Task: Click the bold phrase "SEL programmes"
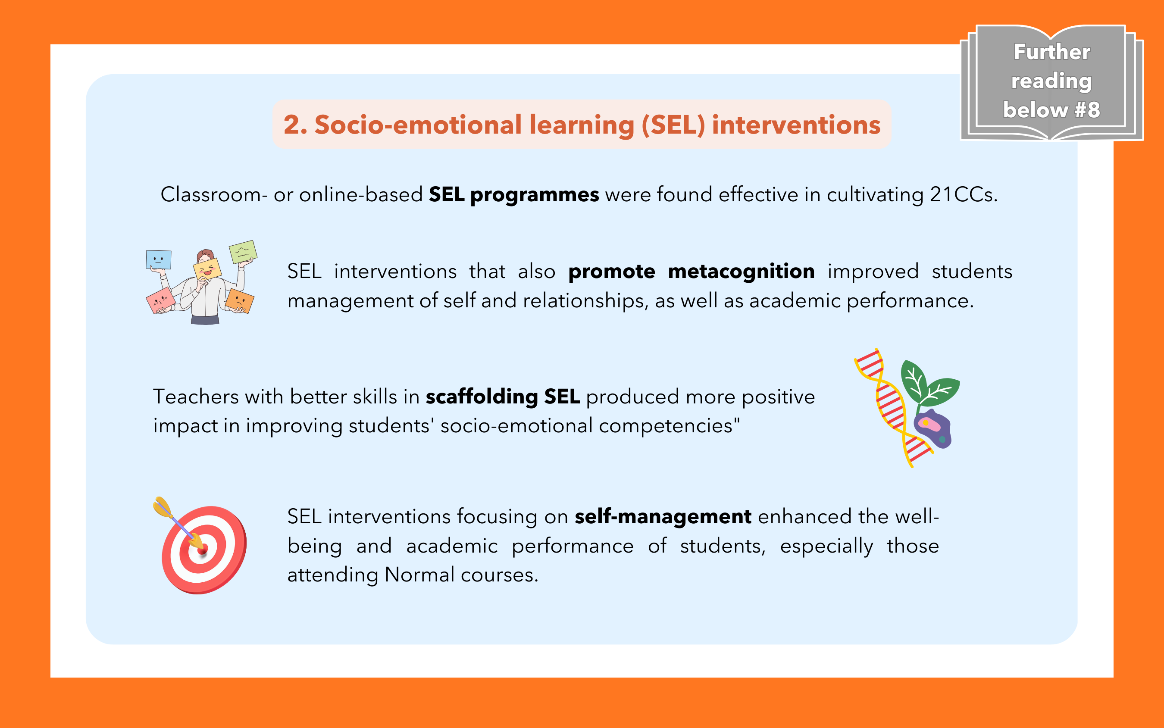(x=514, y=195)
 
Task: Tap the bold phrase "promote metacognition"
(x=692, y=272)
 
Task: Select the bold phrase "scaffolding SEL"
(x=503, y=397)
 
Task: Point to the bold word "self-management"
(x=663, y=517)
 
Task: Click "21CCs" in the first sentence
(x=961, y=195)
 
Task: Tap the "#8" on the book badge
(x=1087, y=110)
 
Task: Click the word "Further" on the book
(x=1052, y=52)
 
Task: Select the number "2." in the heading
(x=295, y=125)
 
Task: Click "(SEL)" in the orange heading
(x=673, y=125)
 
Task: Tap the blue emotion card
(x=159, y=259)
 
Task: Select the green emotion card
(x=243, y=252)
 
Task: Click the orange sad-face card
(x=239, y=301)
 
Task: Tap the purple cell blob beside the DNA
(x=933, y=428)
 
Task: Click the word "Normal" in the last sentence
(x=419, y=575)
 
